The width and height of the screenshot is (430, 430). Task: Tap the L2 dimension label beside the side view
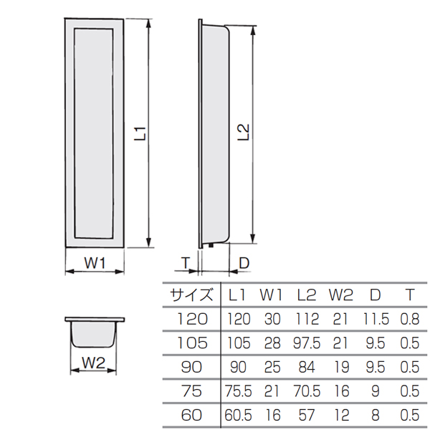[243, 133]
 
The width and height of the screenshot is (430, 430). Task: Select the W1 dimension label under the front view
[95, 264]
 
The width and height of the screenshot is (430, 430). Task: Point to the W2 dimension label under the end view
[93, 363]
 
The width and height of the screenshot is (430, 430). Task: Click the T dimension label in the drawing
[186, 263]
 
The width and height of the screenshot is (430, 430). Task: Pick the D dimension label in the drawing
[244, 263]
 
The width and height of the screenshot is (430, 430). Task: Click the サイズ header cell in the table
[191, 295]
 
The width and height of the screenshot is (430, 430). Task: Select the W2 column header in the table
[341, 295]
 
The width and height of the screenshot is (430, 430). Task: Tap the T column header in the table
[410, 295]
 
